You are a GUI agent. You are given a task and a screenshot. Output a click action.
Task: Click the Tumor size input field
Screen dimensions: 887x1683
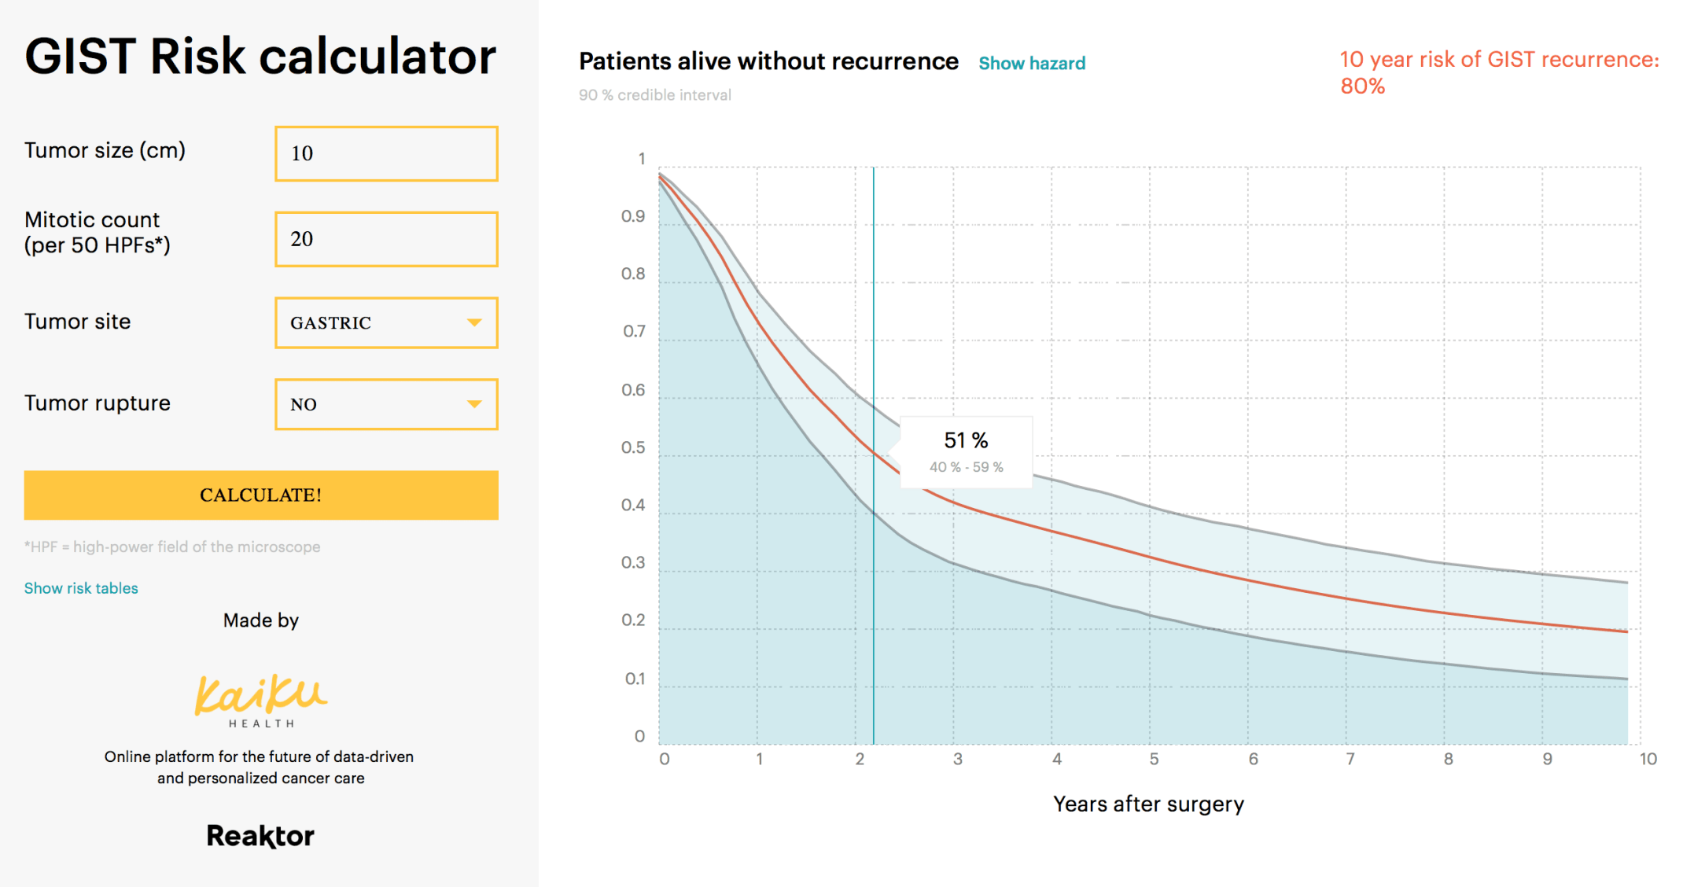(386, 153)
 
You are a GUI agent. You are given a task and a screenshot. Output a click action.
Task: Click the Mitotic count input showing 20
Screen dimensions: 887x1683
(386, 239)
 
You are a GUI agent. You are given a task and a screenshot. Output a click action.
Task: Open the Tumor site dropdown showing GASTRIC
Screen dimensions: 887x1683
(386, 322)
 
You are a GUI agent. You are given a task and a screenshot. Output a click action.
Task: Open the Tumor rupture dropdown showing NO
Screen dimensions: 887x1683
(386, 404)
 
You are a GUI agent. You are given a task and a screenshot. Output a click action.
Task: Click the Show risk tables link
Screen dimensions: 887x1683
(81, 588)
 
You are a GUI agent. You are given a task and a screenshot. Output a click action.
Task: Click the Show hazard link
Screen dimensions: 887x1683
(1032, 64)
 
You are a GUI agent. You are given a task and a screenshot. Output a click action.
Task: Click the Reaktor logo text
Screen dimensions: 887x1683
(260, 836)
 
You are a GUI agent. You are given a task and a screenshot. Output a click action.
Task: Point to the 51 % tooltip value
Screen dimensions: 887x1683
(966, 440)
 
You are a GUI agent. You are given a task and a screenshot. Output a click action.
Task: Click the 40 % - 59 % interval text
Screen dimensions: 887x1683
(966, 467)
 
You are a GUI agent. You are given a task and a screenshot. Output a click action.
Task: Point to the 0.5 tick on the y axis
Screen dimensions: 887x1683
(633, 447)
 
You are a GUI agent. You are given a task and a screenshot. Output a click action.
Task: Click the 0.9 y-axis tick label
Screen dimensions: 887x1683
(633, 216)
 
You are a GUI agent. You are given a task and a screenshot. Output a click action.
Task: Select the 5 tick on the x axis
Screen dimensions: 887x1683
(1154, 759)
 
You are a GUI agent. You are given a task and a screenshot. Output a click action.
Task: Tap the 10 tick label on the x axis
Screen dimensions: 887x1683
(1648, 759)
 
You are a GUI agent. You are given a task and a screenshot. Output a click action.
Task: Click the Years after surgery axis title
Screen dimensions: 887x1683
(1148, 804)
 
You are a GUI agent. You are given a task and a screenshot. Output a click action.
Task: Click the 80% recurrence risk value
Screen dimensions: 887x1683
(1362, 86)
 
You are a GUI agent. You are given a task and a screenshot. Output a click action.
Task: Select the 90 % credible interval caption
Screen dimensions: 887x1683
(655, 95)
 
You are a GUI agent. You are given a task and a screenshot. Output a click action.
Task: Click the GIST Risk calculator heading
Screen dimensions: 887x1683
(260, 57)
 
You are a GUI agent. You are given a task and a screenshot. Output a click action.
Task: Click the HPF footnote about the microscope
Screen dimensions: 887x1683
(172, 547)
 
